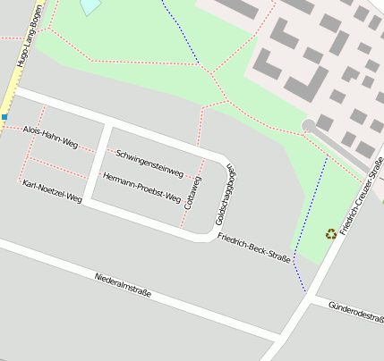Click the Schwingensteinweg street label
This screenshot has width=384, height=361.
(149, 161)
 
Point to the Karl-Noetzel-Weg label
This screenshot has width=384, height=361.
(51, 191)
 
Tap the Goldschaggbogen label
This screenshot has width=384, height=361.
(225, 194)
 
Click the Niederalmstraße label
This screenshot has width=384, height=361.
(123, 285)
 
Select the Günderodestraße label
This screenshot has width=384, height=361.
(355, 315)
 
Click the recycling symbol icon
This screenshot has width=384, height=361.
(331, 234)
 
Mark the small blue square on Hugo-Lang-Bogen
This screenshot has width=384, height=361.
(4, 117)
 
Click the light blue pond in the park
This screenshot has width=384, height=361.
(90, 6)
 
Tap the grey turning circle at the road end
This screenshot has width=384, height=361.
(310, 126)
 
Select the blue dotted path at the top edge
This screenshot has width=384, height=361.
(182, 31)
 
